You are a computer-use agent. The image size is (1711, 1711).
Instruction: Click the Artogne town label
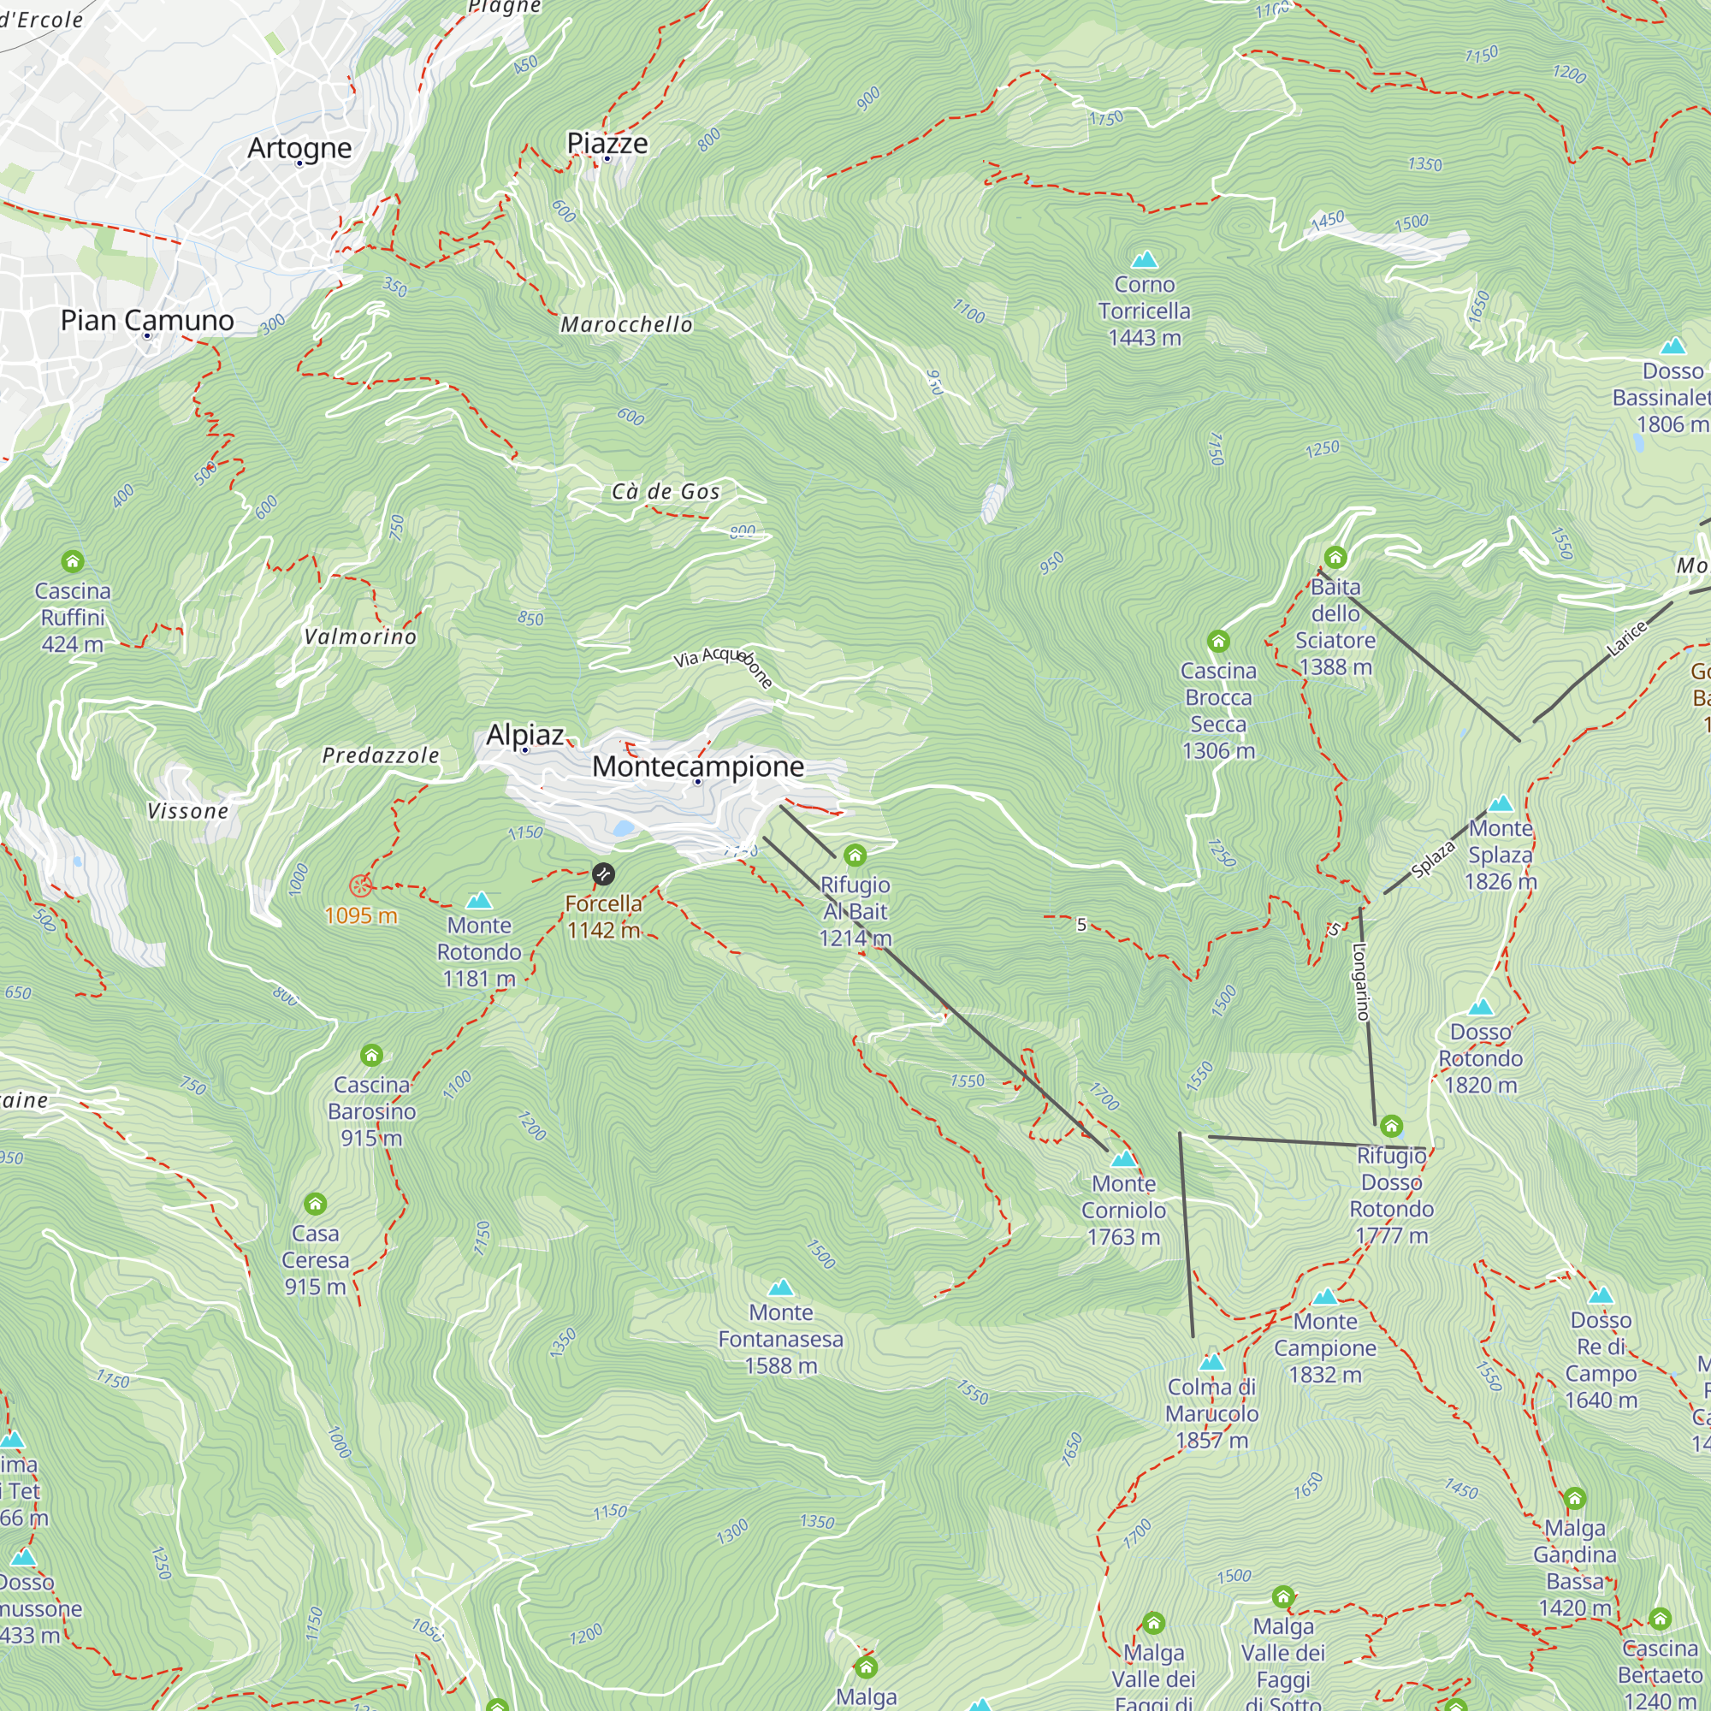[299, 148]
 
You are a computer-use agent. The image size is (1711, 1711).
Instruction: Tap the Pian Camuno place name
[147, 321]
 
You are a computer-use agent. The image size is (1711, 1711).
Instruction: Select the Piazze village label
[607, 144]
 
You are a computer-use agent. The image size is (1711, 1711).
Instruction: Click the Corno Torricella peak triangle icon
[1144, 259]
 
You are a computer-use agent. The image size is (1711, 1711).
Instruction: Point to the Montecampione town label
[698, 767]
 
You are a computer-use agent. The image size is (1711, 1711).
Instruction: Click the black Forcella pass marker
[603, 874]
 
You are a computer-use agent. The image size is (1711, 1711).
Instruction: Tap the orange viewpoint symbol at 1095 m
[360, 885]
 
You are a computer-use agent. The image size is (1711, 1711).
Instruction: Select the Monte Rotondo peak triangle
[479, 901]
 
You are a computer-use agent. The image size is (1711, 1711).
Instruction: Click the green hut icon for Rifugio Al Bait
[855, 855]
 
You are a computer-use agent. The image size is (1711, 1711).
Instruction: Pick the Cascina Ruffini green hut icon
[73, 561]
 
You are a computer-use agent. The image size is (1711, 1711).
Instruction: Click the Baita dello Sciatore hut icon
[1335, 558]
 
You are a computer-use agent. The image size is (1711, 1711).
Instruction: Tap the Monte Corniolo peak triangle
[1123, 1159]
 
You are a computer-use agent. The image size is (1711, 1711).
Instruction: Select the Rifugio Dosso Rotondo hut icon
[1391, 1127]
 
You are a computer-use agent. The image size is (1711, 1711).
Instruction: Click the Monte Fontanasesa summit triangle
[780, 1288]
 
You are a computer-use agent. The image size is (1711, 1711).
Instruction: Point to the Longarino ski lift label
[1362, 981]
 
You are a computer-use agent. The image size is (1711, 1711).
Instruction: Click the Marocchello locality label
[626, 325]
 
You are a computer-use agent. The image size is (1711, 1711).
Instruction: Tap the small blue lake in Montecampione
[624, 829]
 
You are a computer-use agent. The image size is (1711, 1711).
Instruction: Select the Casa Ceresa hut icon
[316, 1204]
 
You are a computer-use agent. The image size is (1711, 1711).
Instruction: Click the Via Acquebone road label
[723, 665]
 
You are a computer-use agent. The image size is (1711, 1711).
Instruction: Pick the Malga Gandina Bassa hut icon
[1575, 1499]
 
